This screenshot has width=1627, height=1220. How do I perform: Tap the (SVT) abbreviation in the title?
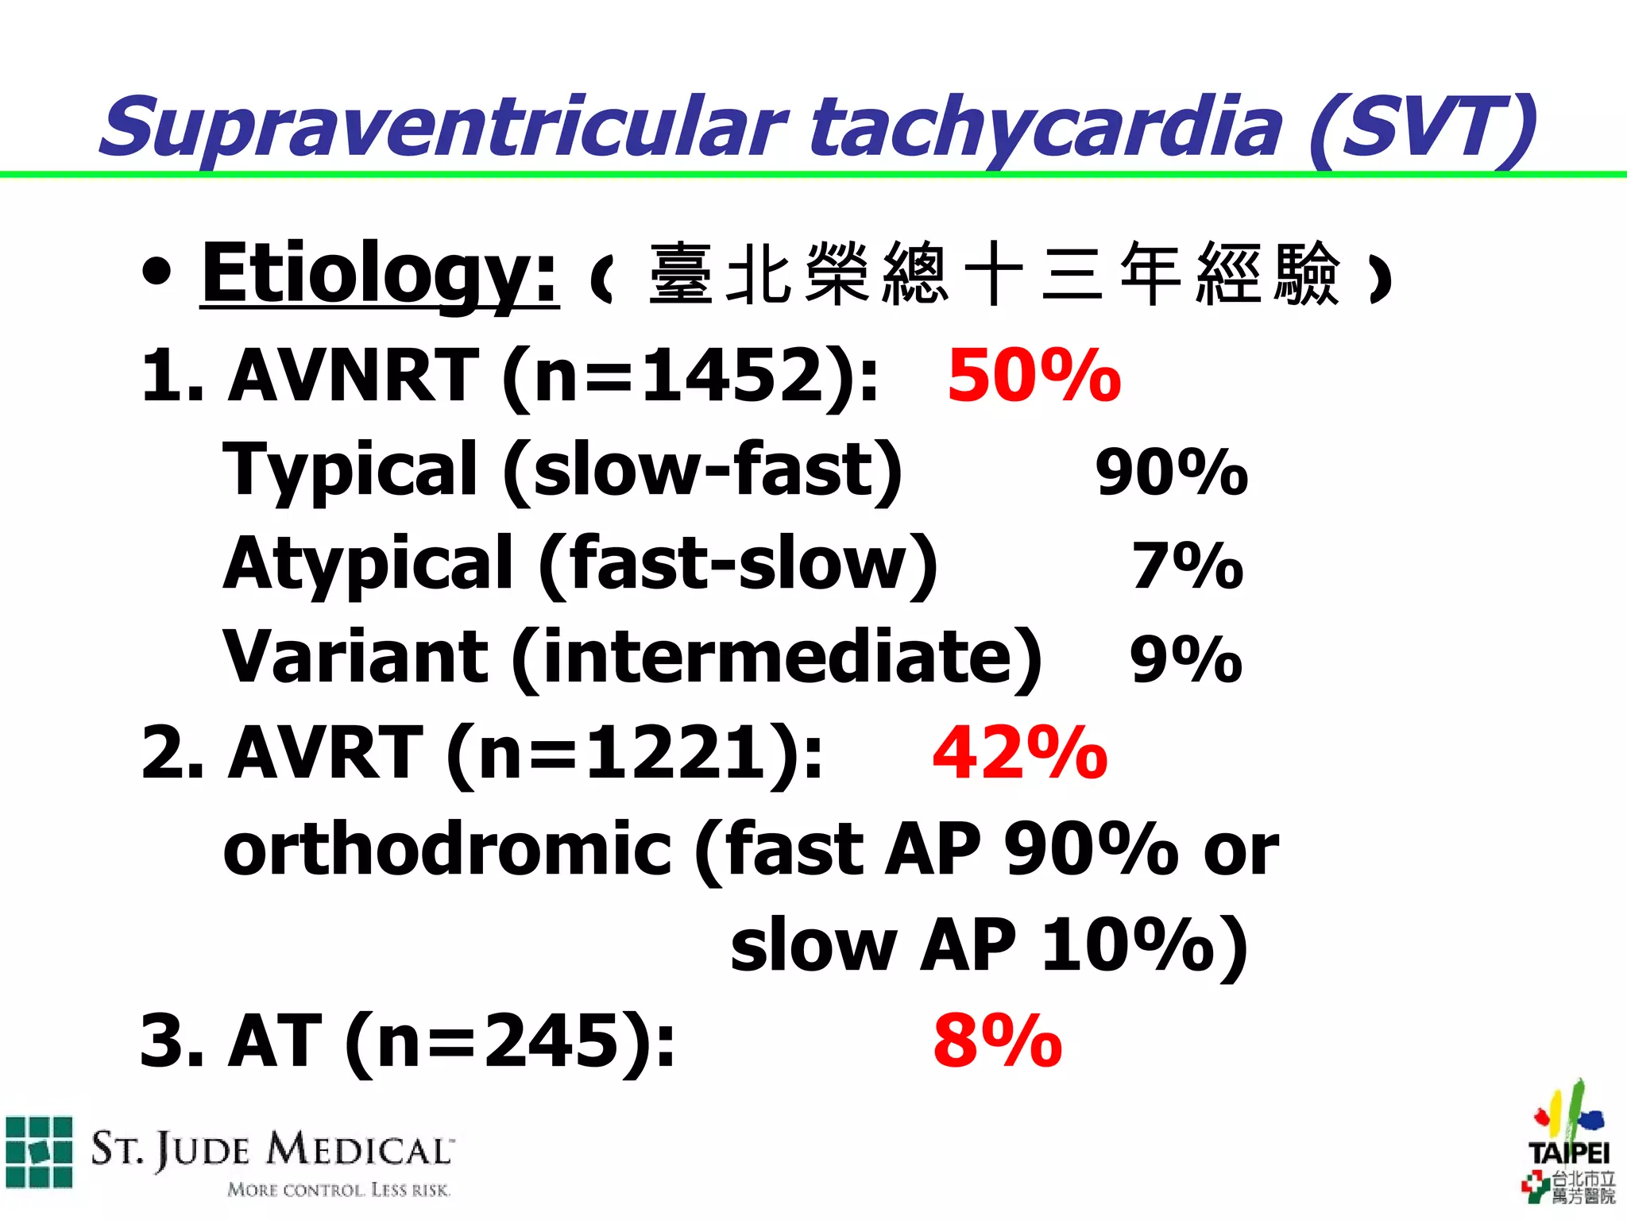(x=1422, y=127)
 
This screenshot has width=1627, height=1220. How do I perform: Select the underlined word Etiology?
(x=379, y=274)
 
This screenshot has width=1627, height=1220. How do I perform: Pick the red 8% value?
(x=997, y=1040)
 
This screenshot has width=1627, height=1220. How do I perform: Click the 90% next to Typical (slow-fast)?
(x=1171, y=473)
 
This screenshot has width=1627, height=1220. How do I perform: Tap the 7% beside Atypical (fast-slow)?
(x=1187, y=566)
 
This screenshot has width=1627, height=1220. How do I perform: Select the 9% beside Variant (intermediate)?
(x=1185, y=659)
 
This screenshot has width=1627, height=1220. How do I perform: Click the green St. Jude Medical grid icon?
(x=39, y=1152)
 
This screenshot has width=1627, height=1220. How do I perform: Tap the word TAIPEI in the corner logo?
(x=1569, y=1152)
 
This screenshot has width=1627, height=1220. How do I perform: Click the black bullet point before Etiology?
(x=157, y=272)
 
